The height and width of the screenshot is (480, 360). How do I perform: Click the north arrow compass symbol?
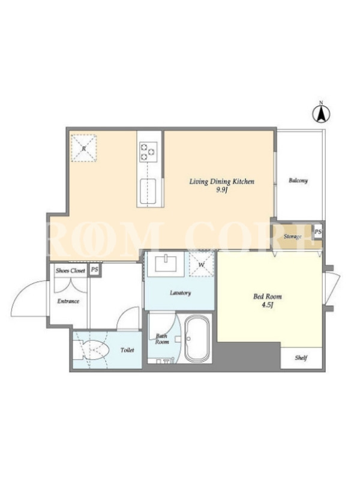321,113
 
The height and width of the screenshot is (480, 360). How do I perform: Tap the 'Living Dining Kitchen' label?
221,182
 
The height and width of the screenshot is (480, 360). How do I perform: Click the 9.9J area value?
221,190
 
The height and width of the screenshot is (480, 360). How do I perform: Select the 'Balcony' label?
298,181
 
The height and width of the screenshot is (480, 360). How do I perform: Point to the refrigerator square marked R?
84,148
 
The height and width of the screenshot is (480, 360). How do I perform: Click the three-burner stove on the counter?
148,152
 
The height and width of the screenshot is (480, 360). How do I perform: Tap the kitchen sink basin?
148,191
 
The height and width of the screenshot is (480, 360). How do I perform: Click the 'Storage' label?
293,236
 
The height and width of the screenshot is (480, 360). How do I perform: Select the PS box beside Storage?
318,232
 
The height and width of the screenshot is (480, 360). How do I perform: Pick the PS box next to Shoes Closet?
94,269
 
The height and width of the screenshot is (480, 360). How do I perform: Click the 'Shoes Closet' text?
70,271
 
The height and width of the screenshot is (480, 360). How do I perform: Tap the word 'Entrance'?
68,301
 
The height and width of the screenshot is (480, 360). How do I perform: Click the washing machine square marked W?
202,264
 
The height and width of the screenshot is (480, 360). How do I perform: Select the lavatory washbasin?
166,263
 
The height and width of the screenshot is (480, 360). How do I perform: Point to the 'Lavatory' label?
181,293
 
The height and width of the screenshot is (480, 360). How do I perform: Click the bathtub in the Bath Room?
197,338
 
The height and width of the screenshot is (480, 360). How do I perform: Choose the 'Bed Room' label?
268,296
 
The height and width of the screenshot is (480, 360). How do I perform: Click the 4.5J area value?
267,305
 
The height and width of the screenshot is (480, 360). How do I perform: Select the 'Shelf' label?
301,358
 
